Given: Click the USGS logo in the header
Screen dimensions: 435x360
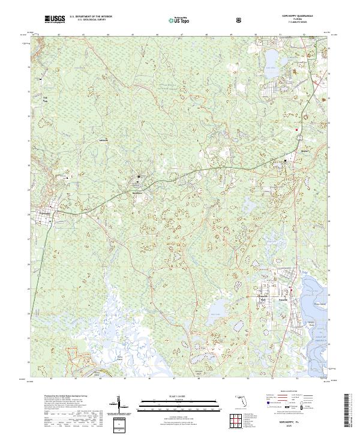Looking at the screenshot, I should [55, 19].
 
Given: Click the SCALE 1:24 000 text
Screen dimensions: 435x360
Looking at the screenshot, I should [175, 394].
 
